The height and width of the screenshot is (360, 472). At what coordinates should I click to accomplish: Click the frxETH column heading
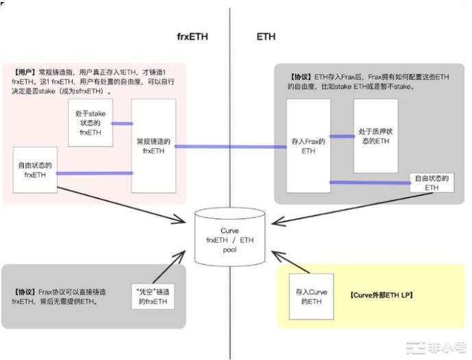click(192, 36)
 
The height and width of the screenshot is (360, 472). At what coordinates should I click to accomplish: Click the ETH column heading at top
click(266, 36)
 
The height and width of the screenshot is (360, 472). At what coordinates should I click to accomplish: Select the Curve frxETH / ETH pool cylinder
click(229, 236)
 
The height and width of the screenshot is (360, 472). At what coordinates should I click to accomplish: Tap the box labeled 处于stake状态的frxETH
click(90, 123)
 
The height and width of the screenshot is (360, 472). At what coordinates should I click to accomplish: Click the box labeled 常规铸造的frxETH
click(153, 145)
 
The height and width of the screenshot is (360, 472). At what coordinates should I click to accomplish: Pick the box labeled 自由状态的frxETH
click(35, 169)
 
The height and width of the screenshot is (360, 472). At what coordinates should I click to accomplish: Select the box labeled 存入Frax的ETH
click(308, 145)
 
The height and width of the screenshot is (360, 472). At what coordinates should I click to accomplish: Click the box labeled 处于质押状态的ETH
click(375, 136)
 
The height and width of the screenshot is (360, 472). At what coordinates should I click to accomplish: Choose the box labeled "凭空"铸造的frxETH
click(153, 296)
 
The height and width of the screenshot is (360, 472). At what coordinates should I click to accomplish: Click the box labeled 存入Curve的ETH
click(311, 296)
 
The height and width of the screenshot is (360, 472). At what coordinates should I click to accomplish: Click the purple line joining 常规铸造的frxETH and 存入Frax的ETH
click(231, 146)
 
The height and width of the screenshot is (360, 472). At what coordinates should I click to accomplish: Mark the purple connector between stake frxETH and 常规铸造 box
click(122, 124)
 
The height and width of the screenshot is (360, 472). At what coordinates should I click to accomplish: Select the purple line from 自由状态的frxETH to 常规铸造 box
click(94, 172)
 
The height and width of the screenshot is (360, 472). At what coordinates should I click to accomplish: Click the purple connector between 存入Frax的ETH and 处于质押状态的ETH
click(342, 136)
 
